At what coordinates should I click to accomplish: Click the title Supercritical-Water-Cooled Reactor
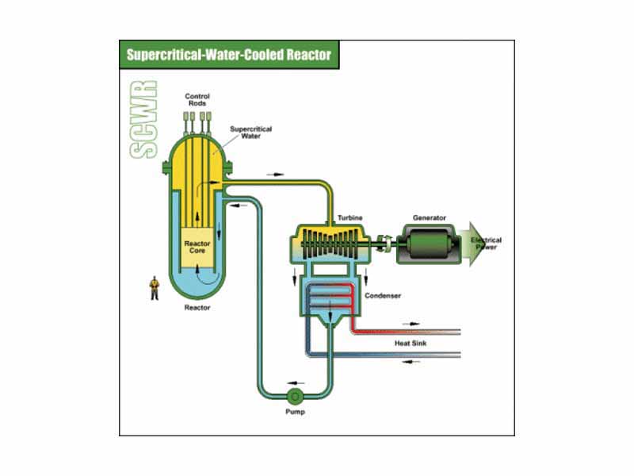228,56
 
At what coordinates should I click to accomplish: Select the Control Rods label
198,99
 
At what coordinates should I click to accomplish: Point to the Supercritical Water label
246,132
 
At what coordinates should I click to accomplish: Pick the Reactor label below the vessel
197,308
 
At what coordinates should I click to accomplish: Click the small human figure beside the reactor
155,288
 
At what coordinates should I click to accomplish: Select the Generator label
429,217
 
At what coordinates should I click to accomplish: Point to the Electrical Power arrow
483,244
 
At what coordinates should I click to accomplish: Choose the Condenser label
382,296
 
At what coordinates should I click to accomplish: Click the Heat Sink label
411,344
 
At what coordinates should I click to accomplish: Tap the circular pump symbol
294,395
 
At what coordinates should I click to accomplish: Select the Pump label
294,413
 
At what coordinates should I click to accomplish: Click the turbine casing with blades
329,242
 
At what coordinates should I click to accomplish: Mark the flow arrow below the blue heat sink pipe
410,362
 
